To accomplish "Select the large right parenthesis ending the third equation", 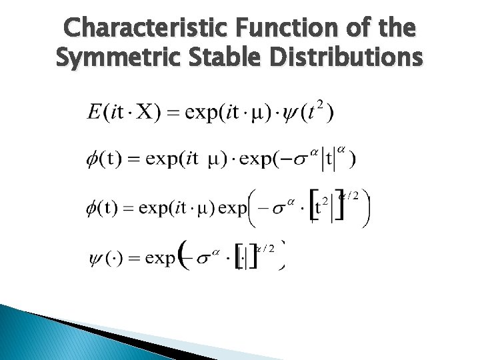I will click(x=366, y=208).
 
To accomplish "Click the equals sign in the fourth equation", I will click(x=135, y=257).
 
